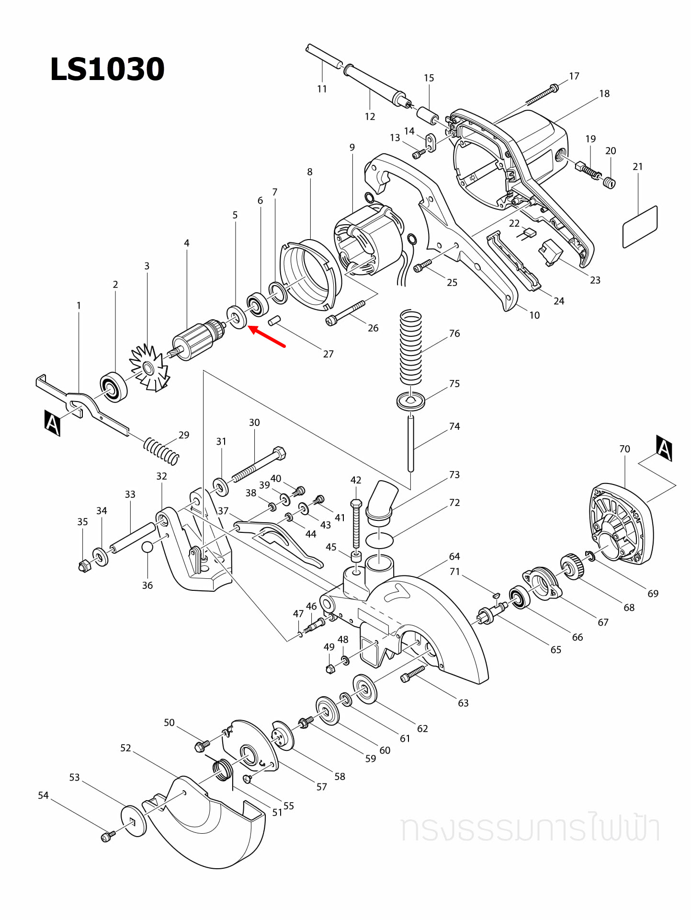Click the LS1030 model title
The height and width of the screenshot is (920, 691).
click(x=107, y=69)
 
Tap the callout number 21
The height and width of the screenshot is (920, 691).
click(x=637, y=167)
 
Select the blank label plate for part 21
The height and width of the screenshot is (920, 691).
click(x=640, y=227)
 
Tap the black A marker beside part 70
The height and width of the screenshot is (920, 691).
click(x=664, y=448)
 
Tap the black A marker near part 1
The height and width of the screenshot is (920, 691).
click(x=52, y=423)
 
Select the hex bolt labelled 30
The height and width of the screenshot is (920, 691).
click(x=259, y=464)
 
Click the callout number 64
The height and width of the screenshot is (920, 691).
click(x=454, y=556)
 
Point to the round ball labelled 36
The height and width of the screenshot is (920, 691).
click(x=147, y=547)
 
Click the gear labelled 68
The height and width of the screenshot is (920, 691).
click(x=572, y=566)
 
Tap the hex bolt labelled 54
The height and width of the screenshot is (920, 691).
click(x=107, y=837)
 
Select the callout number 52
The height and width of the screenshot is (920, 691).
click(x=125, y=748)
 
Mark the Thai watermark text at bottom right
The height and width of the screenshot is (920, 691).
click(x=530, y=828)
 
